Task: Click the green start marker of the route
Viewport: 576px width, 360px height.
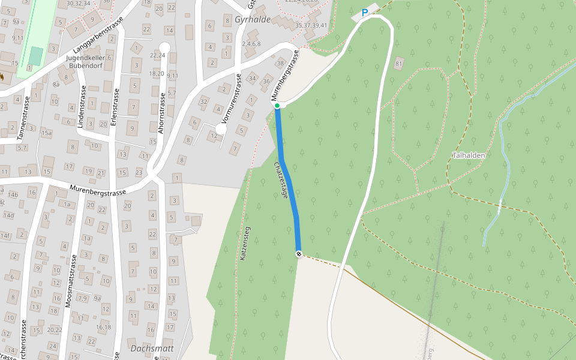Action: coord(277,106)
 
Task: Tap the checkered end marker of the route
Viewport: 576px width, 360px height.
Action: coord(299,254)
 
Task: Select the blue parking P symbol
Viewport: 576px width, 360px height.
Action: coord(364,13)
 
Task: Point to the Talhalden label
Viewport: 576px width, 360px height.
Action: coord(469,155)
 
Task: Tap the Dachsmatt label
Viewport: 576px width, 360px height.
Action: coord(152,348)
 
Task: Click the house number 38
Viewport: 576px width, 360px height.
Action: coord(280,64)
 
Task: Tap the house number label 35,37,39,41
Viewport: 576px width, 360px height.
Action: coord(312,25)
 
